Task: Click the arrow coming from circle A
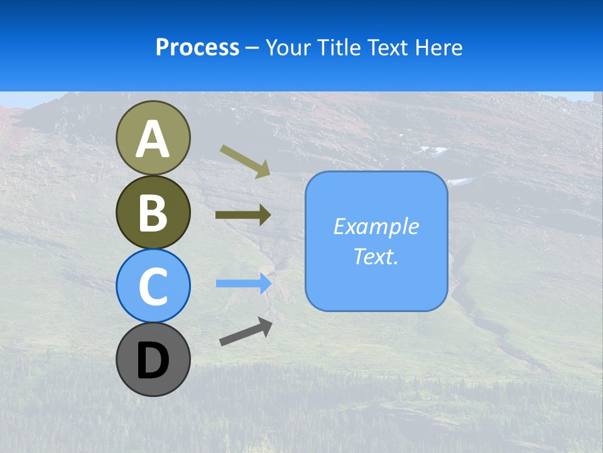[245, 160]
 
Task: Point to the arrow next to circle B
[243, 215]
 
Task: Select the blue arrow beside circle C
[243, 283]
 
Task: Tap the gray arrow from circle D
[246, 332]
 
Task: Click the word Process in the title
[197, 47]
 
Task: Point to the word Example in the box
[376, 226]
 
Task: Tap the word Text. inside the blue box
[376, 256]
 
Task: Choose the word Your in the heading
[286, 47]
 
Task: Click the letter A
[153, 140]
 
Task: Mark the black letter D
[153, 361]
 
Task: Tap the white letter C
[153, 286]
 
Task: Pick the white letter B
[153, 213]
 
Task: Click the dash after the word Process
[253, 48]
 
